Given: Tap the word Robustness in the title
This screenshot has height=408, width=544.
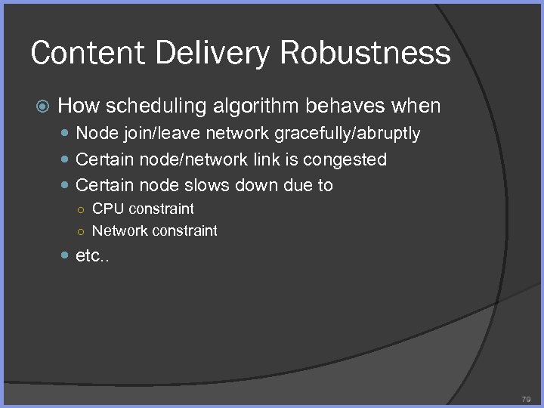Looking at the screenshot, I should pos(366,53).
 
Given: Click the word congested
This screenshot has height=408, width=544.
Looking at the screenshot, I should pos(351,159).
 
